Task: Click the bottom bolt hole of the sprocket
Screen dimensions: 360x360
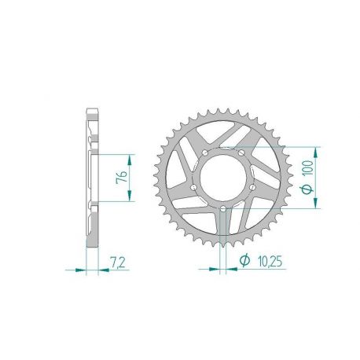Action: pyautogui.click(x=224, y=208)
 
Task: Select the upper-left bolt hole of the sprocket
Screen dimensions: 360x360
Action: pyautogui.click(x=205, y=151)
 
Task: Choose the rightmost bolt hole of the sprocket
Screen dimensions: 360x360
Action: pyautogui.click(x=254, y=186)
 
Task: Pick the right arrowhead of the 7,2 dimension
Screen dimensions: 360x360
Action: pyautogui.click(x=100, y=270)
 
